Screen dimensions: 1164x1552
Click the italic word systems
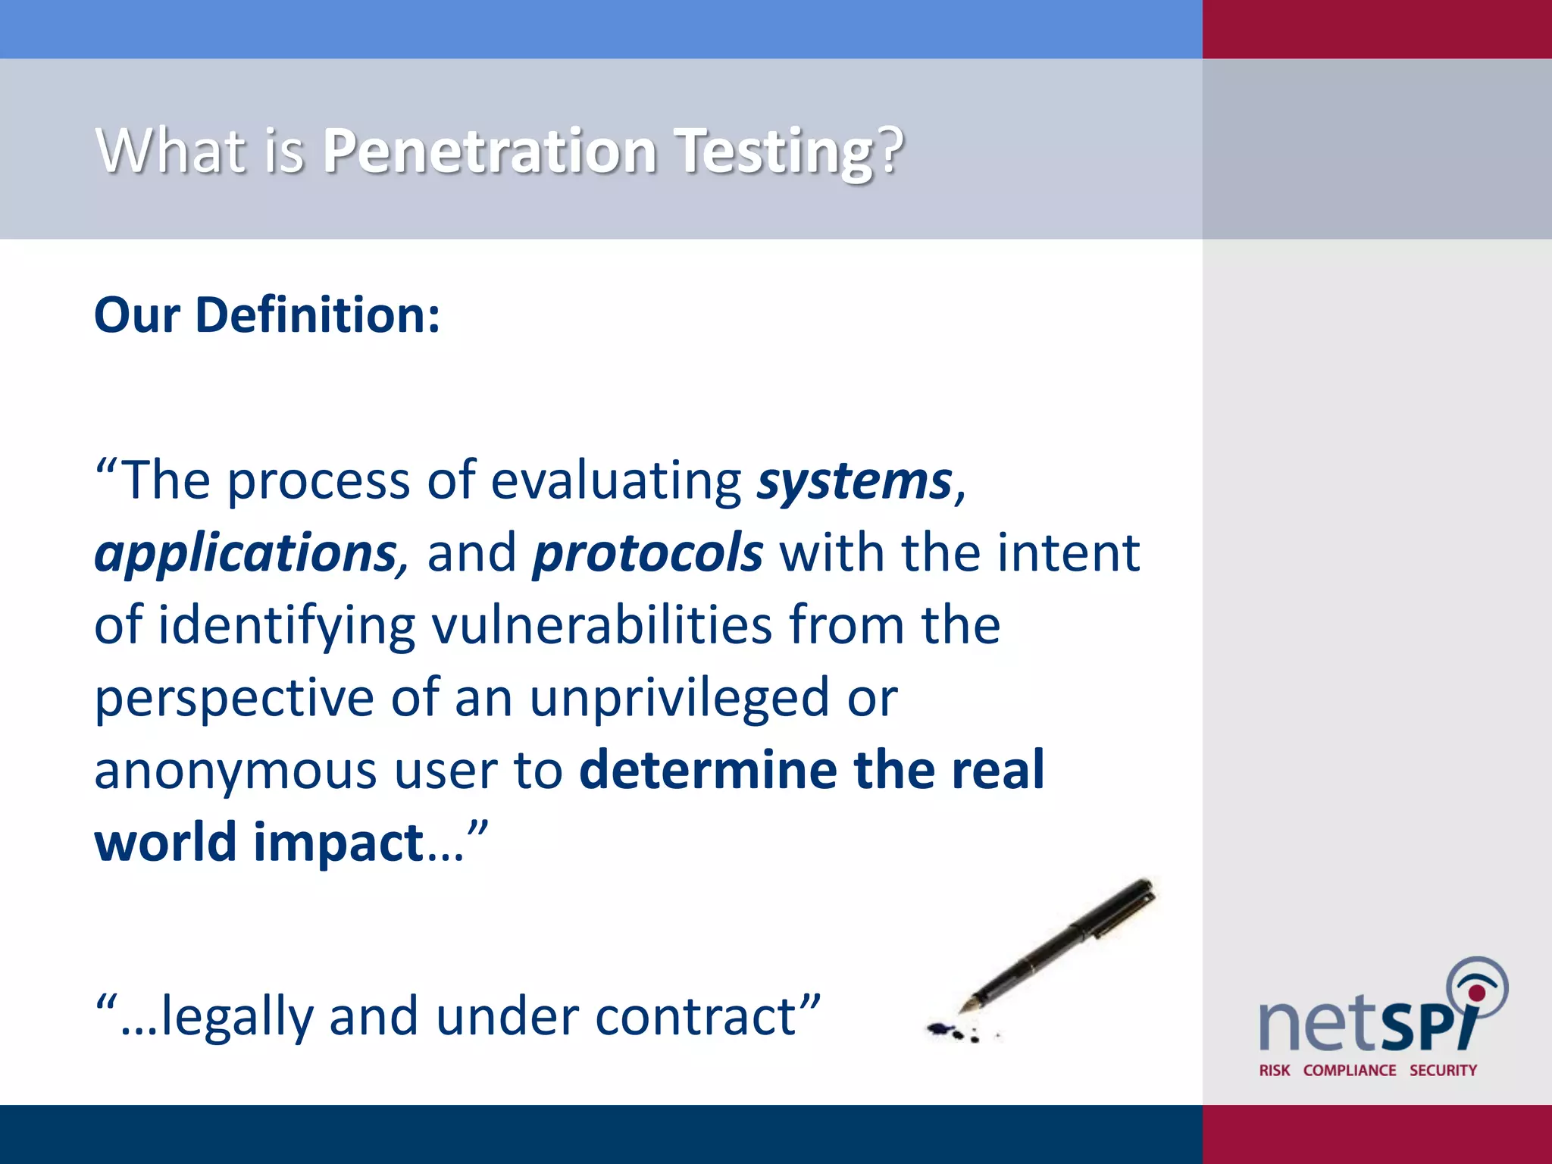click(854, 481)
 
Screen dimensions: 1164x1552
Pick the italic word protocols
click(647, 553)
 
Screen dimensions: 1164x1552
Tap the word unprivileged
click(679, 699)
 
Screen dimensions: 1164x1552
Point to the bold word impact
click(338, 843)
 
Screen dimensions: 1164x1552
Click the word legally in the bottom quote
click(236, 1017)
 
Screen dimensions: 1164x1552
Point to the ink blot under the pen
click(944, 1029)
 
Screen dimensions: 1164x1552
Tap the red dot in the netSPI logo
click(1476, 993)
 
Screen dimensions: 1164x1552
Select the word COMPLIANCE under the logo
click(1350, 1070)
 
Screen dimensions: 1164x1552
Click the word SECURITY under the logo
click(1443, 1070)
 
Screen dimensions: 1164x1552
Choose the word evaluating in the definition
click(616, 481)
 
